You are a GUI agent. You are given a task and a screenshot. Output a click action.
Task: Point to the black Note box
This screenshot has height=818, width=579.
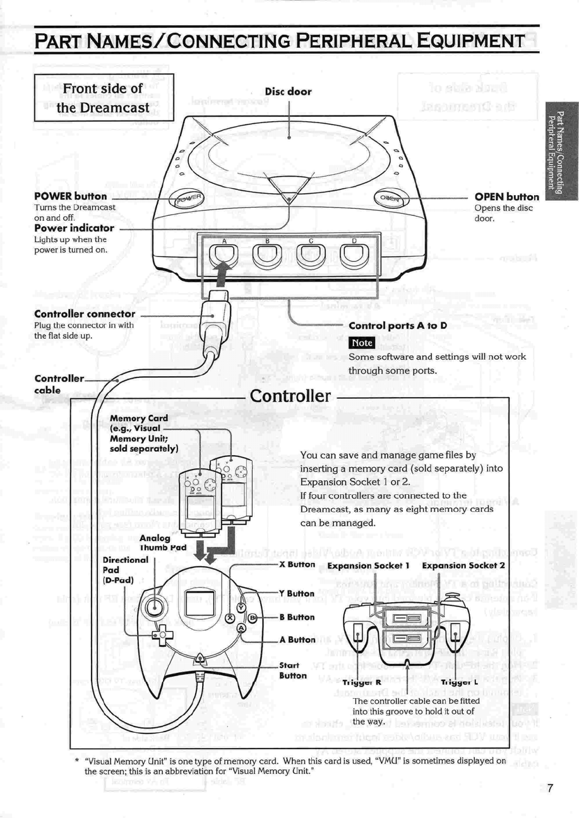[362, 343]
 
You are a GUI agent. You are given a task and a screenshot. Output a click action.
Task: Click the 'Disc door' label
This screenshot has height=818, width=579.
[288, 92]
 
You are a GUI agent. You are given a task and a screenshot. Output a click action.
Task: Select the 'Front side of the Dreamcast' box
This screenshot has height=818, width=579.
[104, 98]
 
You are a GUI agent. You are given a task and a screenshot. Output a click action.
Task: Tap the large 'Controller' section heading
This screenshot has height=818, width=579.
[290, 396]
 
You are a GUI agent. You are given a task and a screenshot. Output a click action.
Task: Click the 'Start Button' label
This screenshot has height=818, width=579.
[292, 670]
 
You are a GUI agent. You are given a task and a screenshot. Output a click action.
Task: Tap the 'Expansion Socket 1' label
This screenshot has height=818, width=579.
[369, 565]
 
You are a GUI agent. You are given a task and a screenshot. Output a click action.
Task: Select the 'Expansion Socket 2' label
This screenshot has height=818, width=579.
[463, 565]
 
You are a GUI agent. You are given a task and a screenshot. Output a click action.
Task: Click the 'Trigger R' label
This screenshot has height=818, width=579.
[361, 682]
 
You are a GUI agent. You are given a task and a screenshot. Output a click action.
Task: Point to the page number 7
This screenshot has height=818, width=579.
[550, 788]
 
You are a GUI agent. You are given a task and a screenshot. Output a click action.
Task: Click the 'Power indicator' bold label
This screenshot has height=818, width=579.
[74, 228]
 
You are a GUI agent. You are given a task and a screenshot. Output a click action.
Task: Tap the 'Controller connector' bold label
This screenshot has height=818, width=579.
[85, 314]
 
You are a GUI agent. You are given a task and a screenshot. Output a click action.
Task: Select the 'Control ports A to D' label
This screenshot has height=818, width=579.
[398, 326]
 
